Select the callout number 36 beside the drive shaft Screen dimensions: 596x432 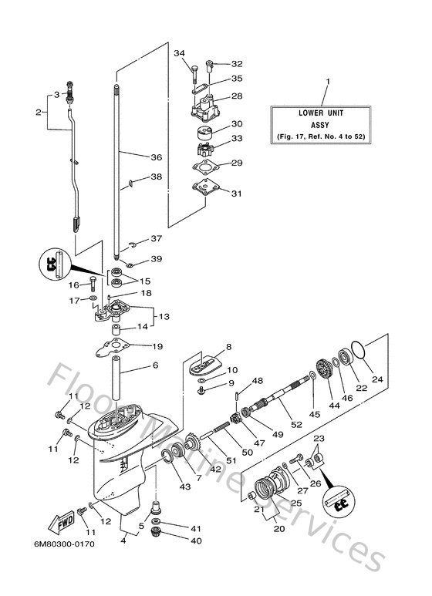coord(156,157)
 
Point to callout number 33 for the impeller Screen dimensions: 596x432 coord(237,138)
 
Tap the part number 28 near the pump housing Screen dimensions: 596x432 coord(237,96)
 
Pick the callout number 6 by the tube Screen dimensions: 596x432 coord(155,365)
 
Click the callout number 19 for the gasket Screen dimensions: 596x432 coord(157,346)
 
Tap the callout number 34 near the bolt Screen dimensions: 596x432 coord(180,53)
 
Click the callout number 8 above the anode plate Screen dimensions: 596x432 coord(228,347)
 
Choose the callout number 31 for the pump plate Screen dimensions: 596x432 coord(237,193)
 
